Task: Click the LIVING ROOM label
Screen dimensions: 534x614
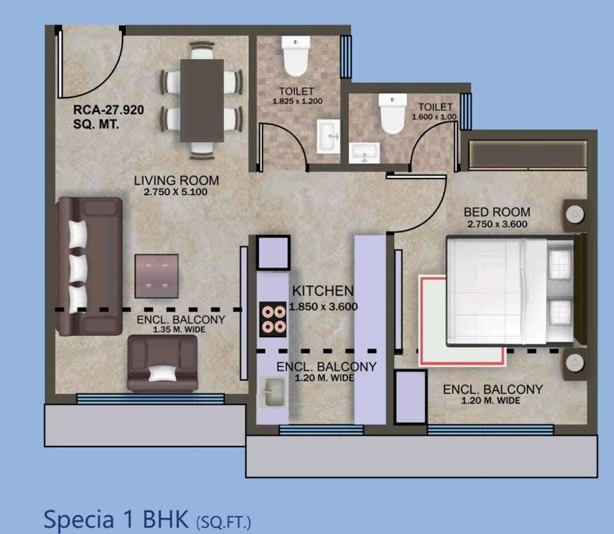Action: [x=170, y=181]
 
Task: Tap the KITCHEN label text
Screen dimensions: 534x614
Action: [x=323, y=291]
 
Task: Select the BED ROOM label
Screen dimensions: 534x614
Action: [x=498, y=212]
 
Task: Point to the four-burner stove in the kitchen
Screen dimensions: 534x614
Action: [x=273, y=319]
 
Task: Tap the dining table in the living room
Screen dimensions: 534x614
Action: [x=202, y=99]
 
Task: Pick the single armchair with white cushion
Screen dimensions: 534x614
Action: [x=161, y=364]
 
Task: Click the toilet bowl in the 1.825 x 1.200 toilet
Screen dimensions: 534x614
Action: [x=296, y=57]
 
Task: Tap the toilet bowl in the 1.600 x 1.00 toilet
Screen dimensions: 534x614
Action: [x=391, y=115]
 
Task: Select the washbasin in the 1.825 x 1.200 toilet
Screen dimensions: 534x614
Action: [x=328, y=138]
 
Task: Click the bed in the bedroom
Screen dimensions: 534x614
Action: [x=511, y=291]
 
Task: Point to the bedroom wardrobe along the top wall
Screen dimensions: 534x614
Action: [x=528, y=154]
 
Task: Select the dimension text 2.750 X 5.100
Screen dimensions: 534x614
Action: [x=170, y=191]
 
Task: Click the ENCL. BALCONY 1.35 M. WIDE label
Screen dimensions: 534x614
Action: [x=180, y=324]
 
